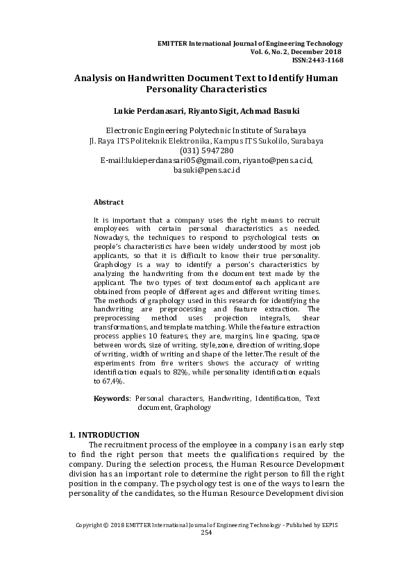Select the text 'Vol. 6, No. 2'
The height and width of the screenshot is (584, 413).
pyautogui.click(x=273, y=51)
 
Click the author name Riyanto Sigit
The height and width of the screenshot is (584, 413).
pyautogui.click(x=201, y=111)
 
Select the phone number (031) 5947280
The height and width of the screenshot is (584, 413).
pyautogui.click(x=206, y=151)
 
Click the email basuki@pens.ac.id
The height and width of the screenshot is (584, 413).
pyautogui.click(x=206, y=170)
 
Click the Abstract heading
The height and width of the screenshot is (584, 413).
pyautogui.click(x=108, y=202)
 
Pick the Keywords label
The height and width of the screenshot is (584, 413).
pyautogui.click(x=111, y=399)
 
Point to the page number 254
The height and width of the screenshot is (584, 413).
pyautogui.click(x=206, y=551)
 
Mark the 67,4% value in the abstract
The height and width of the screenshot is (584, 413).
pyautogui.click(x=107, y=381)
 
